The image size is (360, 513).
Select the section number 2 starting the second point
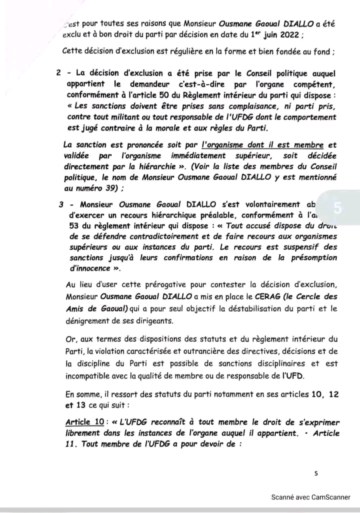(x=59, y=73)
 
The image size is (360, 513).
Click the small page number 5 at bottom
(x=316, y=472)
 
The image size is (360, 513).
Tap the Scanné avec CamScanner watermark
(x=310, y=497)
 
